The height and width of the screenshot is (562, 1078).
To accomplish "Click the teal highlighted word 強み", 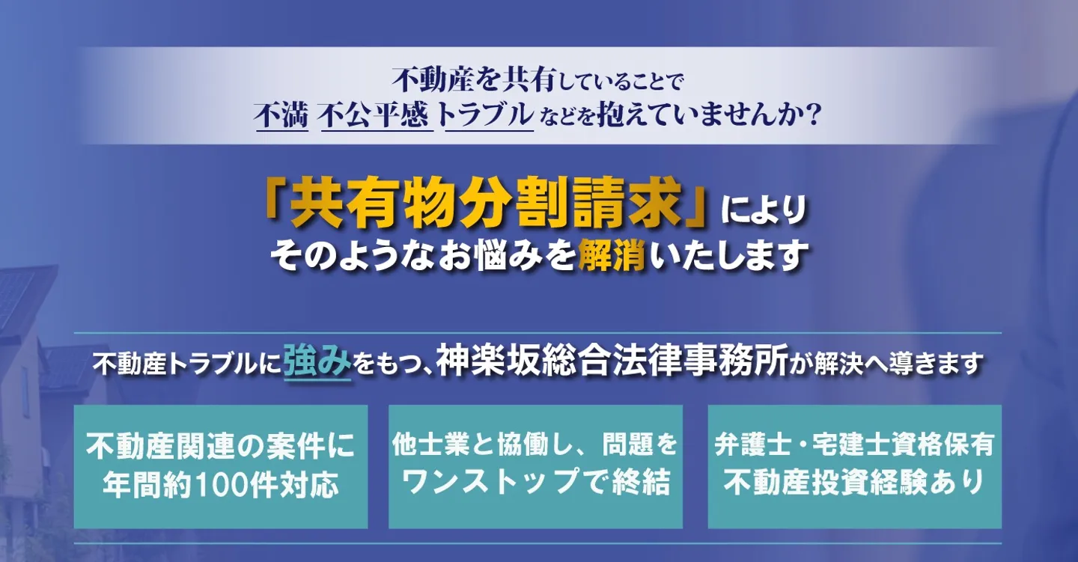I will pos(317,363).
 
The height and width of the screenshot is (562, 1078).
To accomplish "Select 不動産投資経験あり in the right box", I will pos(854,483).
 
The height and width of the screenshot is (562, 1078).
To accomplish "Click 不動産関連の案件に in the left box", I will pos(220,446).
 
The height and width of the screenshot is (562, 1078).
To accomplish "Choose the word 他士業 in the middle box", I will pos(427,445).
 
